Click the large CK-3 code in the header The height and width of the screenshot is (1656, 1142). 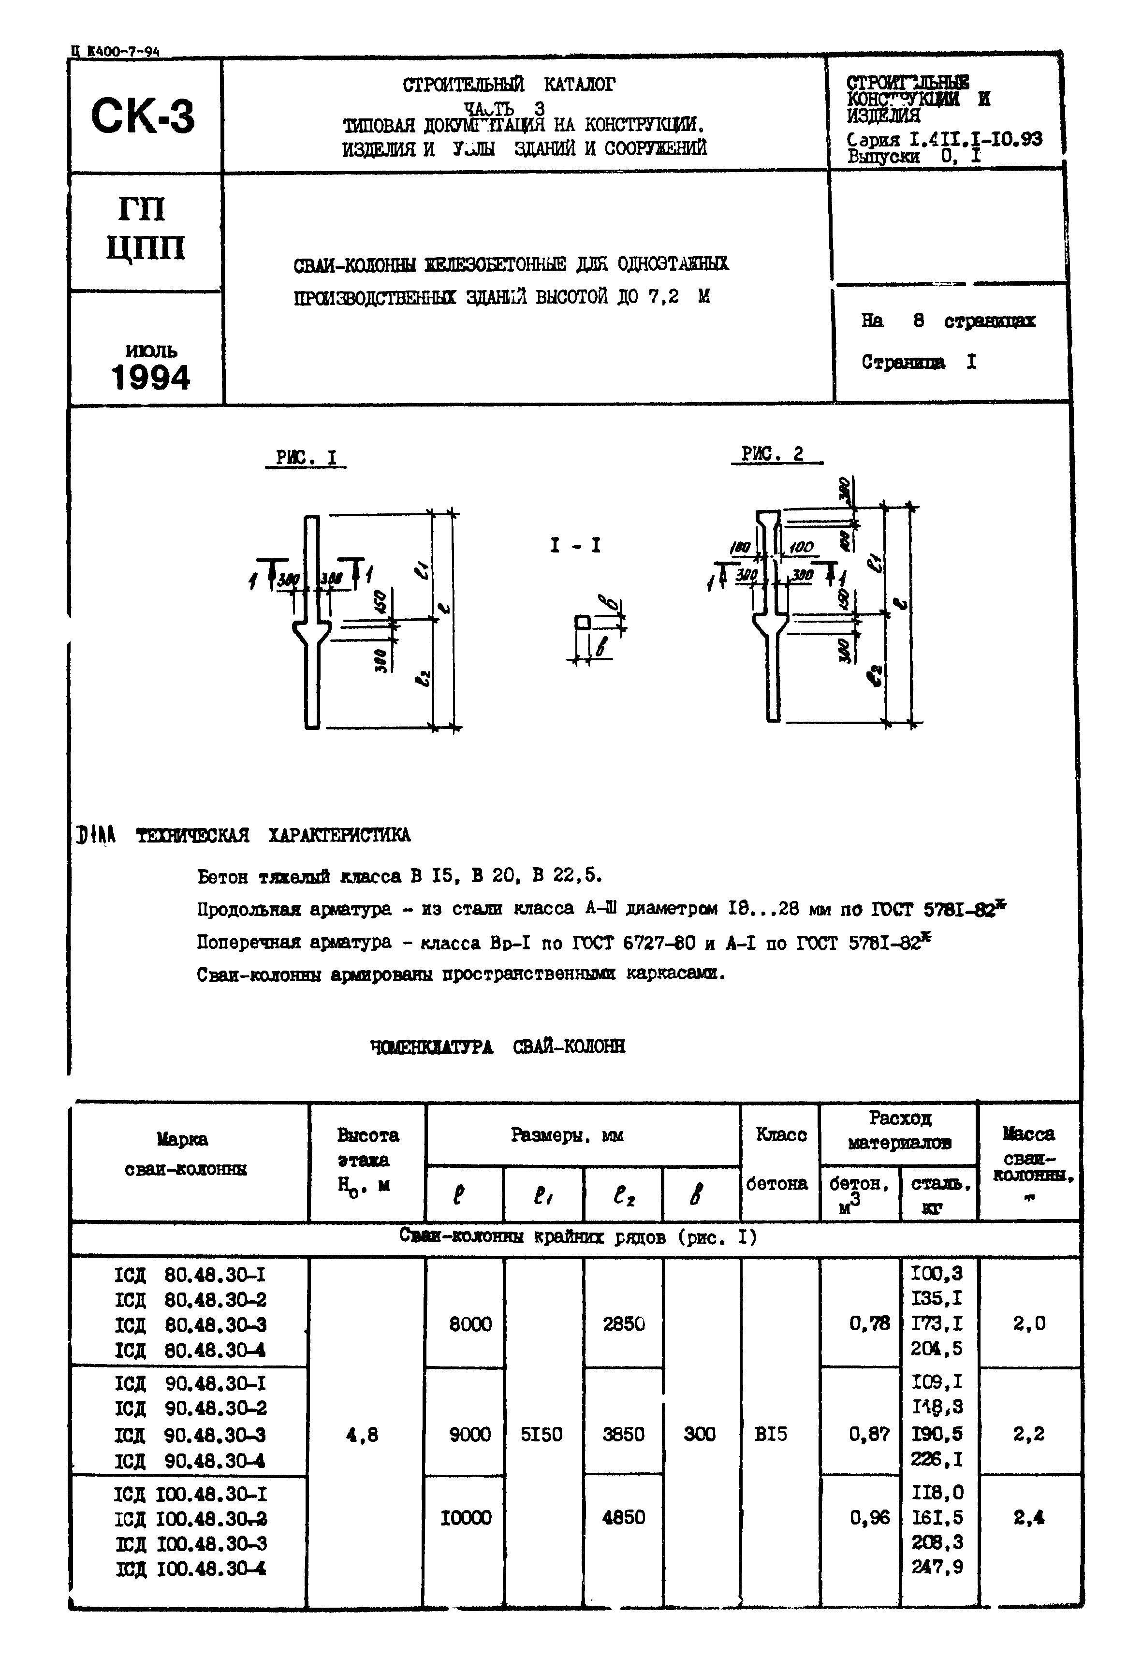click(143, 116)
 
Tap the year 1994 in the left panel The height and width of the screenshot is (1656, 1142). click(150, 377)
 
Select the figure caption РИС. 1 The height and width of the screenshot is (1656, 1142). click(306, 457)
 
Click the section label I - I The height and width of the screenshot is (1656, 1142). click(575, 545)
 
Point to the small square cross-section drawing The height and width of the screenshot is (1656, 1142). click(583, 623)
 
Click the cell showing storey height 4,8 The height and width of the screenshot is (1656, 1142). click(362, 1434)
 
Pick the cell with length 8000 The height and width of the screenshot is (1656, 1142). click(470, 1324)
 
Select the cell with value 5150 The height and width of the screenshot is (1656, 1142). click(542, 1434)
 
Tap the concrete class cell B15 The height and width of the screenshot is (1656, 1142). click(771, 1434)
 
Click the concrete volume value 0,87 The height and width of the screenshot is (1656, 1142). click(869, 1434)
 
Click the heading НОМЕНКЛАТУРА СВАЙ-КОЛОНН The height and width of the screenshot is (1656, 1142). click(498, 1046)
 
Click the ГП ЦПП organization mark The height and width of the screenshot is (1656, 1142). click(145, 229)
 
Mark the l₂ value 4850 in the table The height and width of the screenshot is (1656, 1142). click(623, 1517)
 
